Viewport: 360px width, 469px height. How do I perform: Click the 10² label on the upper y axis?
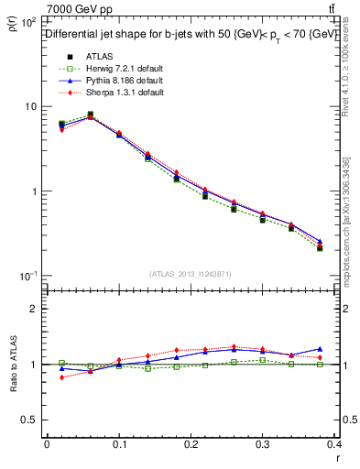click(28, 20)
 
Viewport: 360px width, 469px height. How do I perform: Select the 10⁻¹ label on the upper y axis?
click(28, 276)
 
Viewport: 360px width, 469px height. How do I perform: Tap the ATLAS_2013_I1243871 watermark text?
click(190, 275)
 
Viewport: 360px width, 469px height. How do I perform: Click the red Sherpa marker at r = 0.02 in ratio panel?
click(61, 377)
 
